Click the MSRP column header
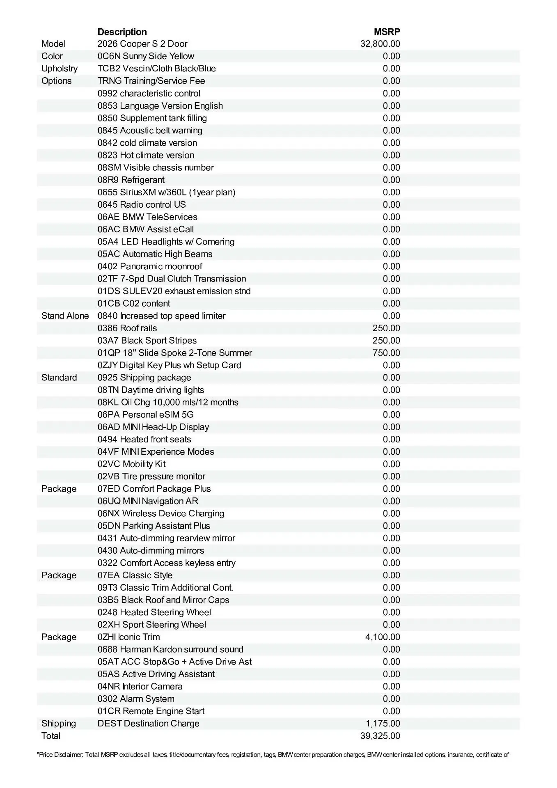387,32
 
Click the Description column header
122,32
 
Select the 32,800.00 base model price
380,44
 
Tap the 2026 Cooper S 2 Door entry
142,44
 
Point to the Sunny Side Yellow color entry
146,56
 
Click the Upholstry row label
60,69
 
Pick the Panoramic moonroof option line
150,266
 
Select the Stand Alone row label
65,316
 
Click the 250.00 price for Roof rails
386,328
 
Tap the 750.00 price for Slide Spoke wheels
386,353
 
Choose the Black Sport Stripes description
147,341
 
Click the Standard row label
59,378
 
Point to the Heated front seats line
144,440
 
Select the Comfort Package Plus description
154,489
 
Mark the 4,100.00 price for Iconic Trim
383,637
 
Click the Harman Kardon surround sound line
170,649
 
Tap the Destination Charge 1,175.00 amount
383,724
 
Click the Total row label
51,736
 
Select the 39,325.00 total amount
380,736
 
